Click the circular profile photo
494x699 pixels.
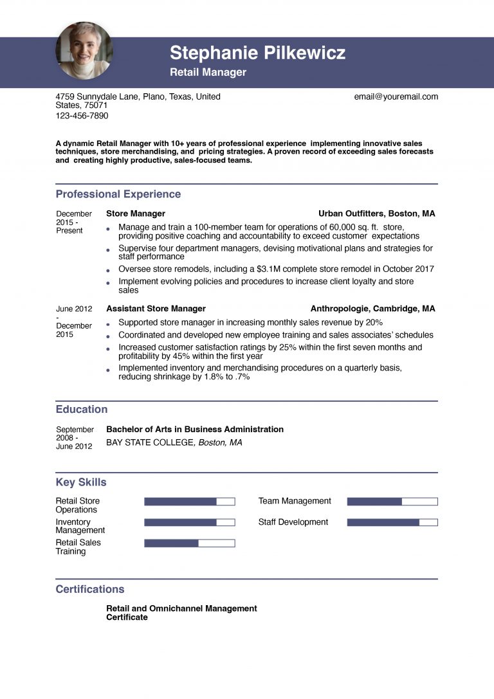pos(84,50)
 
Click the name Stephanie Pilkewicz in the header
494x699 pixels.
pos(257,53)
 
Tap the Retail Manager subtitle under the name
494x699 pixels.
pos(208,73)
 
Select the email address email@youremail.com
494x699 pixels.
pos(396,96)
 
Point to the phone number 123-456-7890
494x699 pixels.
pos(82,116)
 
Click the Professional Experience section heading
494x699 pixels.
pos(118,194)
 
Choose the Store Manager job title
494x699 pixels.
pos(135,213)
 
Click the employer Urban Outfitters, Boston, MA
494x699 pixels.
pos(376,213)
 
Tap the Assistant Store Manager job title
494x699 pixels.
pos(156,309)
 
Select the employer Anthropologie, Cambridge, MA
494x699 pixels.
pos(372,309)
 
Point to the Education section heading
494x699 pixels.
pos(81,409)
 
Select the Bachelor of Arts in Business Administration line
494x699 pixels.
pos(194,429)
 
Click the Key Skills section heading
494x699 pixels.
pos(81,482)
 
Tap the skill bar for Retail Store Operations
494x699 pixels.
pos(189,502)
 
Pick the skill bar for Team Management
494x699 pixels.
pos(392,502)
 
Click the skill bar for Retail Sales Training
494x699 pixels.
pos(189,543)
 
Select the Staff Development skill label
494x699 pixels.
pos(293,522)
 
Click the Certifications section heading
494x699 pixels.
pos(89,589)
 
